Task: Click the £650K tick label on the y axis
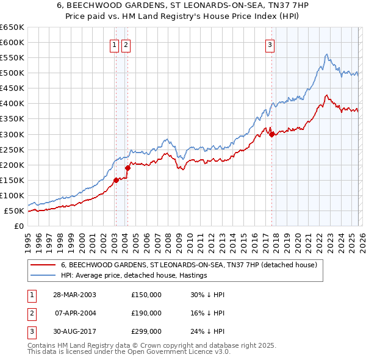click(x=12, y=27)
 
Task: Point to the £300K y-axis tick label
click(x=12, y=134)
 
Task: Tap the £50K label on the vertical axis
click(x=14, y=211)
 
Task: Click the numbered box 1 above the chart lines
click(x=114, y=44)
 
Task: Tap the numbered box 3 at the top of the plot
click(x=270, y=44)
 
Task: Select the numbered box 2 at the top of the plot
click(x=126, y=44)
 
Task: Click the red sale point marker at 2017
click(x=271, y=135)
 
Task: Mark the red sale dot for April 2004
click(x=127, y=168)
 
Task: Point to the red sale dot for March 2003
click(x=116, y=180)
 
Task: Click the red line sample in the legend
click(x=42, y=265)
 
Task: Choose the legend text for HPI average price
click(x=134, y=276)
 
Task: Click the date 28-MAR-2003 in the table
click(x=74, y=295)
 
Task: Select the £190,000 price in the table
click(x=146, y=313)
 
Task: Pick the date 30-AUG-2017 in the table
click(x=74, y=331)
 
